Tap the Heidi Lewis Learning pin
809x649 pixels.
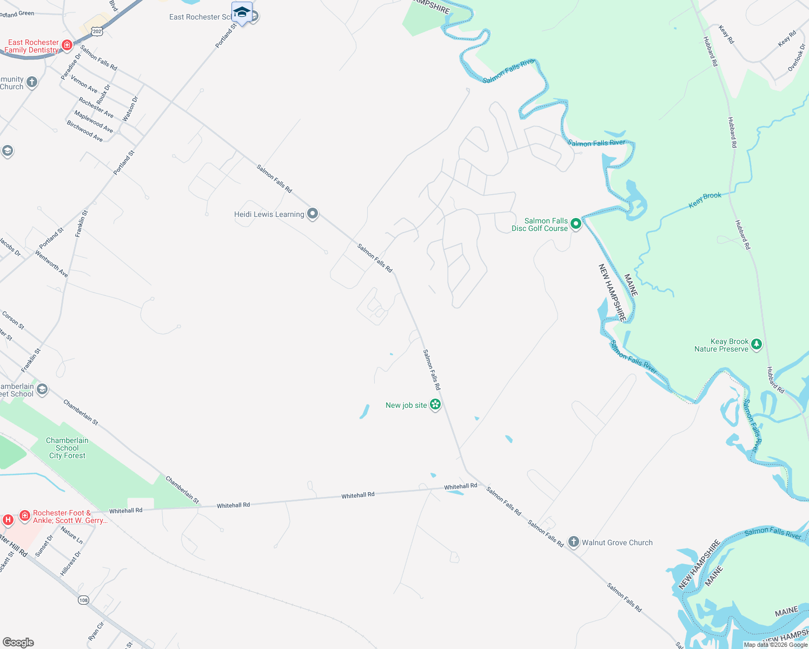(313, 214)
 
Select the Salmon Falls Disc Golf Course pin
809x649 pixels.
(576, 223)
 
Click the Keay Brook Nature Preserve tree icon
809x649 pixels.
(757, 344)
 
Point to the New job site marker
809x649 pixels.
(435, 405)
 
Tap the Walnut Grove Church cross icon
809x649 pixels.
(574, 542)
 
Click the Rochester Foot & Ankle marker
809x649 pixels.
(25, 516)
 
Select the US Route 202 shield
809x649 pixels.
(97, 31)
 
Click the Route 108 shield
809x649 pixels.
(83, 600)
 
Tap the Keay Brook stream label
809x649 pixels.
(705, 200)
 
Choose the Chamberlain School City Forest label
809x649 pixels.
(67, 448)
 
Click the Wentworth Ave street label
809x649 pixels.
(52, 263)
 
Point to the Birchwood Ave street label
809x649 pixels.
(84, 131)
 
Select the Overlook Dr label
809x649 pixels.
(796, 58)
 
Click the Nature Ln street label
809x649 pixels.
(72, 535)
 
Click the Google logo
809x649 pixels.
(18, 643)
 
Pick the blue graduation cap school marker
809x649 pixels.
(241, 12)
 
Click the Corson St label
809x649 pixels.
(14, 320)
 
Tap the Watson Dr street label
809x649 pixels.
(130, 109)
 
